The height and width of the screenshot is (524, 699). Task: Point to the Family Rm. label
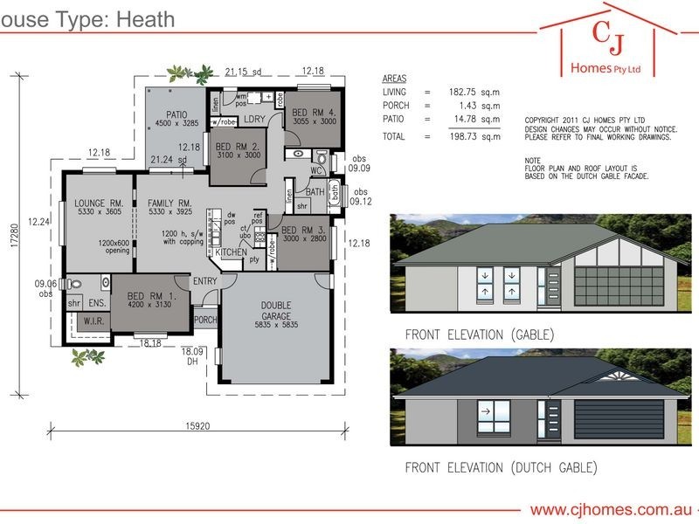tap(170, 202)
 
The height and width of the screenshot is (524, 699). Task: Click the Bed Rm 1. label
tap(152, 295)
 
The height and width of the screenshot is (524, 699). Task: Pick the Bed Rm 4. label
tap(313, 113)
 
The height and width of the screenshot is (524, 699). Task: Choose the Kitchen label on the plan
tap(232, 252)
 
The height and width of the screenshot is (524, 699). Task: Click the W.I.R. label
tap(93, 321)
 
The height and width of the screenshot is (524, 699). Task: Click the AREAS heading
tap(395, 78)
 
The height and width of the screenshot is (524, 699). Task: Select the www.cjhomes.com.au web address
tap(606, 509)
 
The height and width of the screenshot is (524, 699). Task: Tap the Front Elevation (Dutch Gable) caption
tap(501, 468)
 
